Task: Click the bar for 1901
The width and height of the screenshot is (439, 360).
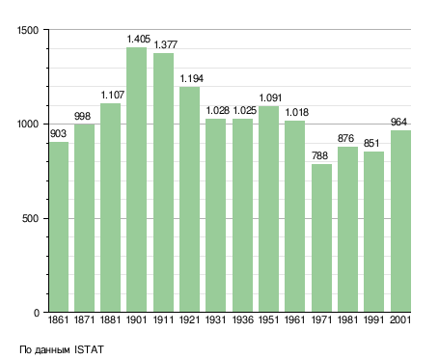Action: point(136,180)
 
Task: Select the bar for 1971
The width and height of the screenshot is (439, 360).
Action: point(321,238)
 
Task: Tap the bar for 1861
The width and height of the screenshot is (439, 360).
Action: point(59,227)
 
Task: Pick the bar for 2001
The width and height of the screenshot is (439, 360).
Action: point(400,221)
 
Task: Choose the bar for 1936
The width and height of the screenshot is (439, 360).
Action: point(242,215)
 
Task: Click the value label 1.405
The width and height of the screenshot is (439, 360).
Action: point(139,39)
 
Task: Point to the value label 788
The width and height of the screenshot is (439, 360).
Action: point(319,155)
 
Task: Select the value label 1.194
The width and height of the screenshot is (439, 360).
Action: point(192,78)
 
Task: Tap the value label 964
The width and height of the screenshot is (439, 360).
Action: point(398,122)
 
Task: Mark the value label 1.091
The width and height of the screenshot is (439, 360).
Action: point(270,97)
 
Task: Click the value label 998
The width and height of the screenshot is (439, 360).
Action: point(82,116)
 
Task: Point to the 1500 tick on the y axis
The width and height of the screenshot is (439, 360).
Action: point(28,30)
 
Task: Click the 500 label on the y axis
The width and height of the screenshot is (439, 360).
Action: point(30,218)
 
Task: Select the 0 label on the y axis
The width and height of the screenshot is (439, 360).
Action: point(37,313)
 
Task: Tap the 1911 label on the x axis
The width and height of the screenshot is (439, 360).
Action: point(163,319)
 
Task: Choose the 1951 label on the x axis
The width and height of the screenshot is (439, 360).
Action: point(268,319)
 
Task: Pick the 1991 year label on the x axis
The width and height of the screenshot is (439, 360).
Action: point(373,319)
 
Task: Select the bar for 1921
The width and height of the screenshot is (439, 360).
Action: point(189,200)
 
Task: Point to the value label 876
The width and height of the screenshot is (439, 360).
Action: point(345,138)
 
